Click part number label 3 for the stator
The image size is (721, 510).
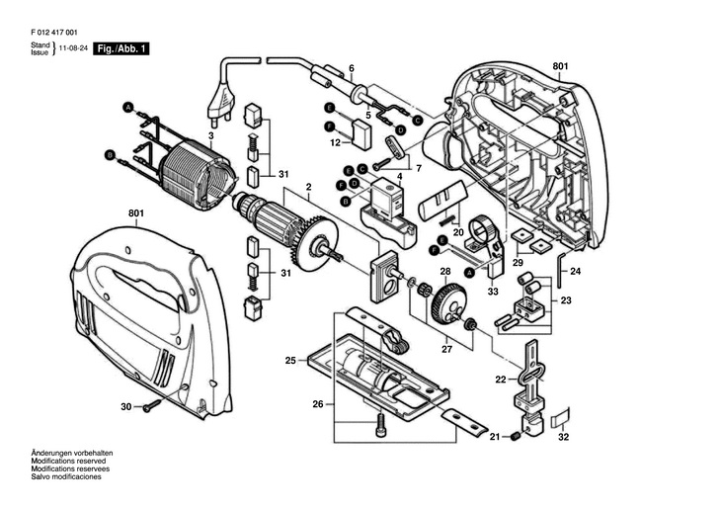(x=211, y=135)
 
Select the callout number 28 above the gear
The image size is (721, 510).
(x=445, y=272)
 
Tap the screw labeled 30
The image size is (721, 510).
(x=152, y=405)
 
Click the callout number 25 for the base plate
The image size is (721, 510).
(x=290, y=360)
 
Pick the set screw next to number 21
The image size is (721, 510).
(x=515, y=436)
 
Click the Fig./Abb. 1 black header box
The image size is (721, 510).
(x=121, y=48)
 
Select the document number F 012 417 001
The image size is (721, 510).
(x=54, y=33)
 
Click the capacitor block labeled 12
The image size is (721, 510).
(x=360, y=134)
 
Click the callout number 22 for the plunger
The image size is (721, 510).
(x=501, y=380)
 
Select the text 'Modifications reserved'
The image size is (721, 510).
(x=68, y=461)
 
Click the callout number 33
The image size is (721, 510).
(x=493, y=292)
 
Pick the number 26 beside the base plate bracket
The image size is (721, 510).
(x=318, y=404)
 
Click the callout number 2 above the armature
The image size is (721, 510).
(x=308, y=188)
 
